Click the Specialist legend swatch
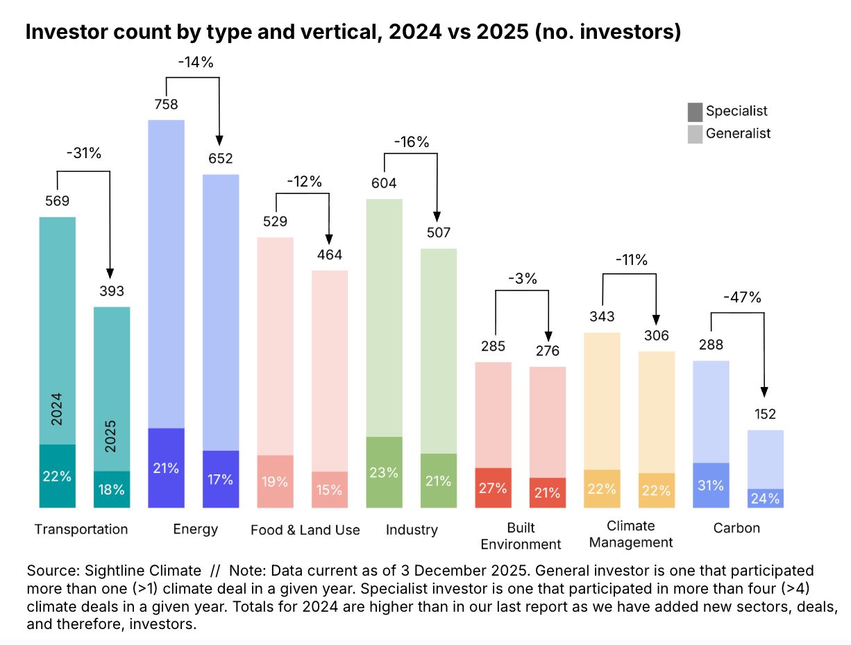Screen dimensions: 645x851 point(695,112)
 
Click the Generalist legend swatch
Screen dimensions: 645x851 point(695,134)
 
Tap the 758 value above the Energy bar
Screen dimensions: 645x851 point(166,105)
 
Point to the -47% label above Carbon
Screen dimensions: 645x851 point(743,298)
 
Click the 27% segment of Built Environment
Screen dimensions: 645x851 point(493,487)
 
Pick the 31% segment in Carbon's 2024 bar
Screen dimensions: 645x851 point(711,485)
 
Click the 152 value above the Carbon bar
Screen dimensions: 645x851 point(765,415)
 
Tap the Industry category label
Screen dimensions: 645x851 point(412,530)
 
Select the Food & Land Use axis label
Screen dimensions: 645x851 point(305,530)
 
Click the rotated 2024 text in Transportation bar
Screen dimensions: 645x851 point(57,409)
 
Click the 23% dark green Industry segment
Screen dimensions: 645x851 point(384,472)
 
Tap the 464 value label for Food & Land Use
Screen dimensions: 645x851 point(329,255)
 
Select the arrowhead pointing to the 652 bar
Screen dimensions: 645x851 point(219,139)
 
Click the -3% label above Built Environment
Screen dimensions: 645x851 point(521,279)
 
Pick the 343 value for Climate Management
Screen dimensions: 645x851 point(602,317)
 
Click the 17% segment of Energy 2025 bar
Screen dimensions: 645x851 point(220,479)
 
